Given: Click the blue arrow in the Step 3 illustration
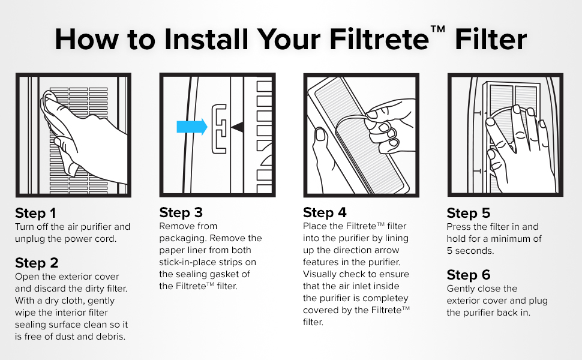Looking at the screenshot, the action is click(x=191, y=127).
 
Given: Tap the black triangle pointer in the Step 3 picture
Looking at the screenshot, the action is click(x=238, y=127).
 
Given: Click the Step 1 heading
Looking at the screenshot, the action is click(x=35, y=213).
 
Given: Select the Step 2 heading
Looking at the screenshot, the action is click(x=37, y=263).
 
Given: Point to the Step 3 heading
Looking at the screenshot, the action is click(x=181, y=212).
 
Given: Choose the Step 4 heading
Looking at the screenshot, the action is click(x=325, y=212).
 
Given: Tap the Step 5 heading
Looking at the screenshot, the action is click(x=469, y=213).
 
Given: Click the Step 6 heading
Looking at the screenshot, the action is click(x=469, y=275).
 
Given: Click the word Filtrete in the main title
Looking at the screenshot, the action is click(x=379, y=39).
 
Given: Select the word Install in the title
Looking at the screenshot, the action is click(x=206, y=39).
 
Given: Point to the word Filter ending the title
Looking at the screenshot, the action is click(x=491, y=39).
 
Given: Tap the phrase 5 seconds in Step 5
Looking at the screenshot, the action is click(x=470, y=251).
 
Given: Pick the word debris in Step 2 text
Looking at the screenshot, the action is click(x=110, y=337).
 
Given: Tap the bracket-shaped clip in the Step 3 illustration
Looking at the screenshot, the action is click(x=219, y=129).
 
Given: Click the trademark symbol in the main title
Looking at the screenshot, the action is click(x=438, y=29).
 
